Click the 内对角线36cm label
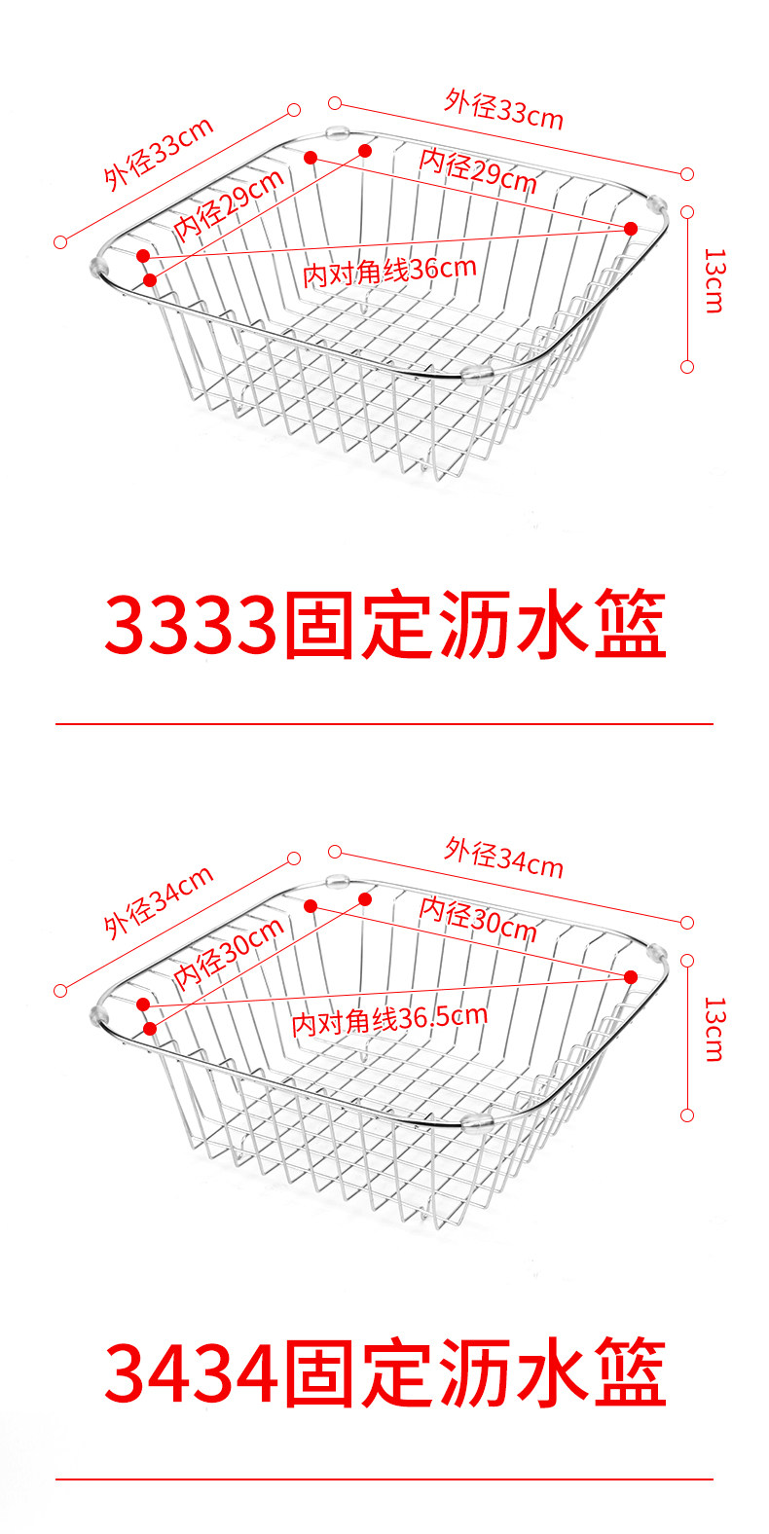click(389, 271)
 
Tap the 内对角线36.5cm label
click(389, 1019)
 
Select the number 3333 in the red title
click(191, 626)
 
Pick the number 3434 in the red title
click(191, 1373)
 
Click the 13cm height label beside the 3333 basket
click(714, 280)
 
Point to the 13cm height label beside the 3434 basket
click(714, 1028)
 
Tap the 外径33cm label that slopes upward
click(159, 154)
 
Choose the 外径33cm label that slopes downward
click(504, 109)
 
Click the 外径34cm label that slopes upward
click(159, 902)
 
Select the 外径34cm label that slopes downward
click(504, 858)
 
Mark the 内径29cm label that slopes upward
click(230, 204)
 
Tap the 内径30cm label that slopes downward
click(478, 919)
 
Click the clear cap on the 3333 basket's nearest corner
click(478, 373)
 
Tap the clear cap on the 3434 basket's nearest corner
click(478, 1121)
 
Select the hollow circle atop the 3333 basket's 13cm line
click(687, 211)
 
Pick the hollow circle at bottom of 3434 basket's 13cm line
click(687, 1115)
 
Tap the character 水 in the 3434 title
click(551, 1373)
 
